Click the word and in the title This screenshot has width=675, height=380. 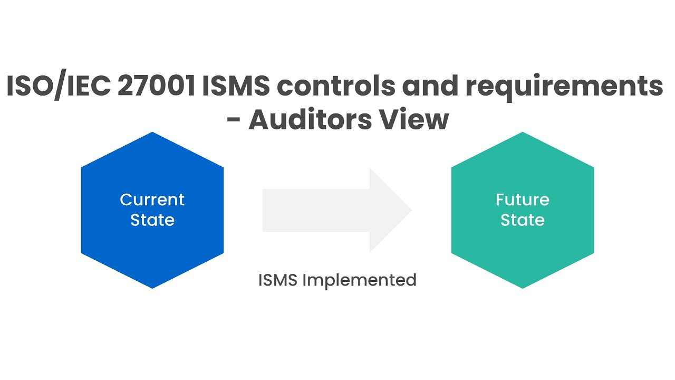click(x=427, y=87)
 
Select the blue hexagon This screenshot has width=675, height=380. click(x=152, y=243)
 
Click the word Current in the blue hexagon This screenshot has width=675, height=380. click(x=152, y=199)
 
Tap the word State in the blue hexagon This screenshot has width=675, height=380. click(x=152, y=220)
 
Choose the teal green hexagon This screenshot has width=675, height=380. click(x=523, y=243)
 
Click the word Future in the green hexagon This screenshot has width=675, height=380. click(x=523, y=199)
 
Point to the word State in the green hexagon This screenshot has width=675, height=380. click(x=523, y=220)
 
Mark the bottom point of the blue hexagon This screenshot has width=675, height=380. click(x=152, y=287)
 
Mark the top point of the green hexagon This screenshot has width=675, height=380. click(x=523, y=134)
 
